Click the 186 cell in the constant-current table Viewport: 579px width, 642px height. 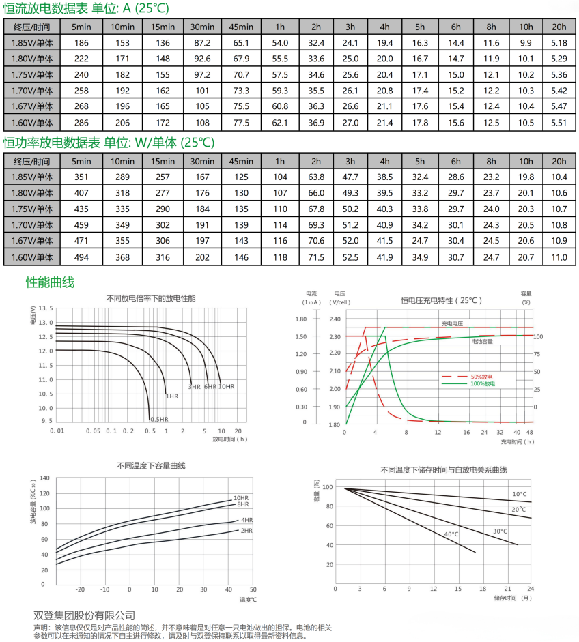(x=81, y=43)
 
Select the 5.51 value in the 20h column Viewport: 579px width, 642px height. (x=559, y=123)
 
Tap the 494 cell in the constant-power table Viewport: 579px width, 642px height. (x=81, y=257)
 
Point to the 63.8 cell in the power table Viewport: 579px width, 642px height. (x=316, y=177)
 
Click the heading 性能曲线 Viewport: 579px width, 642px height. (x=50, y=282)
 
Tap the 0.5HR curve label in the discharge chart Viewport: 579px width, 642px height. (x=160, y=419)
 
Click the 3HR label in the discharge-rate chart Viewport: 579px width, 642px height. (x=195, y=387)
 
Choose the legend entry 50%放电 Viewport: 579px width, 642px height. (x=482, y=376)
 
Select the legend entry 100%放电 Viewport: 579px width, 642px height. (x=482, y=384)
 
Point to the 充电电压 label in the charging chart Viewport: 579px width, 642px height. (x=453, y=323)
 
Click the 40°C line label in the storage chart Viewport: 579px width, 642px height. (x=451, y=534)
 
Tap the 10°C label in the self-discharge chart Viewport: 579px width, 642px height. (x=520, y=493)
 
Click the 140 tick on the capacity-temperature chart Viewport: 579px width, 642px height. (x=45, y=478)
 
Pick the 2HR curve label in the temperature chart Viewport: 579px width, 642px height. (x=246, y=530)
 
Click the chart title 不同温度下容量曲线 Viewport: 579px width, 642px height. (x=152, y=465)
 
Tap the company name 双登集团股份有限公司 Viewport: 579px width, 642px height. (x=85, y=615)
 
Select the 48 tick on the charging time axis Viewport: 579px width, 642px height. (x=530, y=432)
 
